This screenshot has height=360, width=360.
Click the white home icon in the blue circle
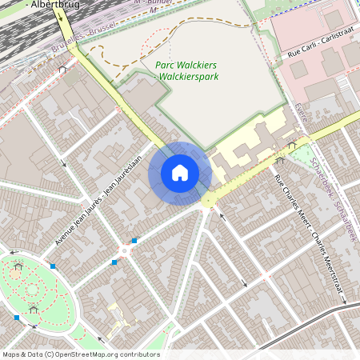180,172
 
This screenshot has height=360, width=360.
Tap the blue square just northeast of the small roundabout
134,240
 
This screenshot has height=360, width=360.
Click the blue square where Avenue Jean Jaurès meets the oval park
53,266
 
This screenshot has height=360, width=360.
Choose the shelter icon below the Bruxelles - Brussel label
62,69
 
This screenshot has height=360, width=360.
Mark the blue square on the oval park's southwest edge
16,318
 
